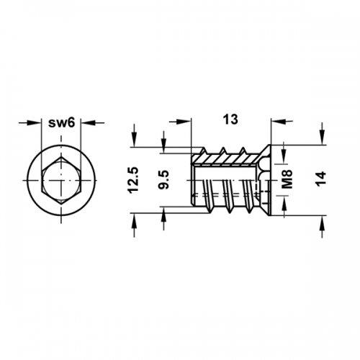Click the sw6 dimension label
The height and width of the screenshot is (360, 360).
tap(62, 123)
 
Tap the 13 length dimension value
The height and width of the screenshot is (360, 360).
tap(230, 120)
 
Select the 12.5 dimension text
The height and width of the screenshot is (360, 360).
tap(133, 180)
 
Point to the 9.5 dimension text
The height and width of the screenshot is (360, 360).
tap(164, 180)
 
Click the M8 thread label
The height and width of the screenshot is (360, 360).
tap(287, 179)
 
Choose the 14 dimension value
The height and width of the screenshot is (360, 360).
tap(321, 178)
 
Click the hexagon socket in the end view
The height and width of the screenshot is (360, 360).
tap(61, 181)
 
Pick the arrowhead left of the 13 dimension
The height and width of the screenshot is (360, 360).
tap(185, 122)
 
